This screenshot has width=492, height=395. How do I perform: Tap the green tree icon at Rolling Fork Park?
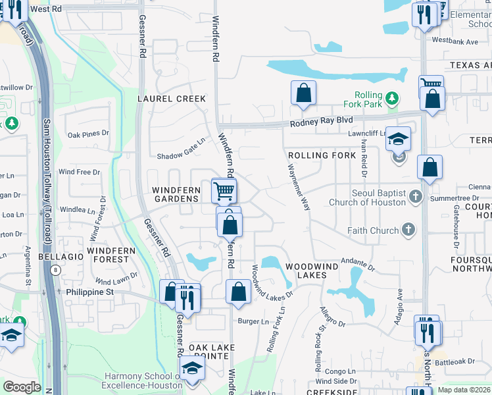tap(393, 98)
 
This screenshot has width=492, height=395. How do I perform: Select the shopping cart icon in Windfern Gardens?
tap(224, 191)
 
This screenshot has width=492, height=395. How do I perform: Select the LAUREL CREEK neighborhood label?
tap(171, 99)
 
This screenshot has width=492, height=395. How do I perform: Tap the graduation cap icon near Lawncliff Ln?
tap(398, 139)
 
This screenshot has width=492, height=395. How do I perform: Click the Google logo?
tap(22, 386)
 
